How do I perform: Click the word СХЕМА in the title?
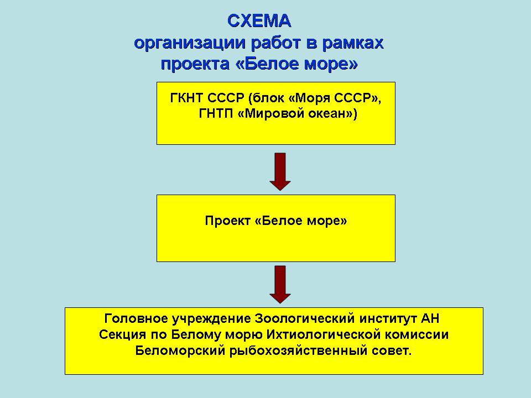259,22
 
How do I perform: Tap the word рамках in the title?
353,44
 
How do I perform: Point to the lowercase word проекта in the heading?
195,64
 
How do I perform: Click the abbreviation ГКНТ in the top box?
186,98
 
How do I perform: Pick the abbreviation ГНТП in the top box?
216,113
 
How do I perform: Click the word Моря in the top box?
310,99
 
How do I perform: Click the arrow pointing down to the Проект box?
280,171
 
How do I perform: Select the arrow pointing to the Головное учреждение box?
280,284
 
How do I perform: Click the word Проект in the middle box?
227,221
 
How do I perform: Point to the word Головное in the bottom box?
136,319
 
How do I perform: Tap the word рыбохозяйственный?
298,351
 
